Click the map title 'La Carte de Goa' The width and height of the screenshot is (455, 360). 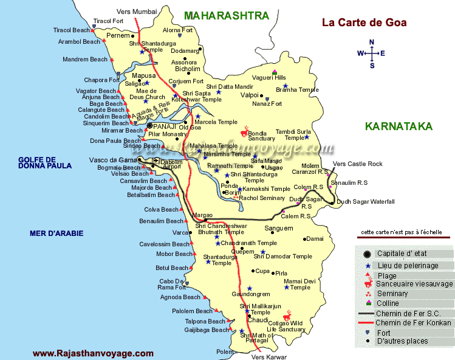click(364, 23)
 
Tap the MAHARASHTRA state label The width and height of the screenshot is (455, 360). click(227, 16)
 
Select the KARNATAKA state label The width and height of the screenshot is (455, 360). click(398, 126)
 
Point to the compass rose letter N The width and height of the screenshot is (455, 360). click(372, 42)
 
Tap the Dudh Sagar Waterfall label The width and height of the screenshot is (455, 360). click(365, 201)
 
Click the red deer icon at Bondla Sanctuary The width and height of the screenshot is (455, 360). click(244, 132)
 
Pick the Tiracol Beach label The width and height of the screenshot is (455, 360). click(72, 30)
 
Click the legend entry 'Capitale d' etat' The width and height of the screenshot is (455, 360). click(403, 254)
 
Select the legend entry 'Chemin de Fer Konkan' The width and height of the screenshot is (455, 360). click(413, 322)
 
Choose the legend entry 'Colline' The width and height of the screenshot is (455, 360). click(388, 303)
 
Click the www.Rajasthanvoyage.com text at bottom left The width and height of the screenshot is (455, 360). click(93, 353)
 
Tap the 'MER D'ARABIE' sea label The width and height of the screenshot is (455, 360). click(56, 233)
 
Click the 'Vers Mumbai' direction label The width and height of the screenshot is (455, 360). click(137, 12)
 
